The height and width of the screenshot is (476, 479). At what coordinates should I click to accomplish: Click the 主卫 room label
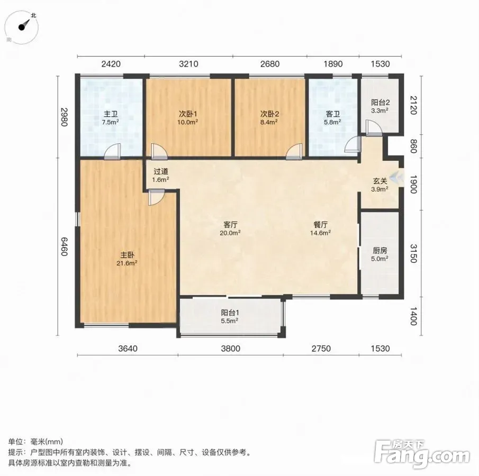(111, 114)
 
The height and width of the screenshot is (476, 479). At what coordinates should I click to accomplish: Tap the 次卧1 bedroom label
(188, 114)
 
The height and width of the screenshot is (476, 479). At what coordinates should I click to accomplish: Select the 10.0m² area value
(188, 122)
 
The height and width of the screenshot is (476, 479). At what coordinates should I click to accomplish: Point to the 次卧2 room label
(270, 114)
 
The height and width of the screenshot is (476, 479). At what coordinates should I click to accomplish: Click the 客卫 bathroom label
(333, 114)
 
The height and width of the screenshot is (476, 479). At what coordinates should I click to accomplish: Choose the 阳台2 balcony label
(381, 103)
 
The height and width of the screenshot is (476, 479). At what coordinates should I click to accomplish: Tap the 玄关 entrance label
(380, 181)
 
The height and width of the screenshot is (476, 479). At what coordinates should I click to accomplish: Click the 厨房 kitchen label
(380, 251)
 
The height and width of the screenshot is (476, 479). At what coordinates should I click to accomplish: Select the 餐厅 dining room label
(320, 225)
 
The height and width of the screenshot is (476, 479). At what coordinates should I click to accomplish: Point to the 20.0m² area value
(230, 233)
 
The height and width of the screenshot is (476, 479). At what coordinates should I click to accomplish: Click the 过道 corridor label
(161, 171)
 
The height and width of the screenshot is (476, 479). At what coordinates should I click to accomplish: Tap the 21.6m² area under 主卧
(127, 263)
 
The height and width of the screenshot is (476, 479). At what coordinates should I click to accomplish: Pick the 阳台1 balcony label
(230, 313)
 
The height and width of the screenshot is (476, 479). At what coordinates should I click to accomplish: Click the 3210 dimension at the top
(188, 64)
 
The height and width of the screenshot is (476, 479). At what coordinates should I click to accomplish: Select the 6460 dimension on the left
(64, 246)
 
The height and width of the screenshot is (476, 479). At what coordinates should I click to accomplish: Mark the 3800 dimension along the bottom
(231, 349)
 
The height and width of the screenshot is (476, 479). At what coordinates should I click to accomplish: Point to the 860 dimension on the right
(413, 147)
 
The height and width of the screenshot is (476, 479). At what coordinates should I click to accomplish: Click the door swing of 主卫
(112, 151)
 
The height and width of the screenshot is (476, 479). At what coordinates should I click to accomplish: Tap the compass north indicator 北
(33, 15)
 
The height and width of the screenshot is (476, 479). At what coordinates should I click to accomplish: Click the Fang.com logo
(422, 454)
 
